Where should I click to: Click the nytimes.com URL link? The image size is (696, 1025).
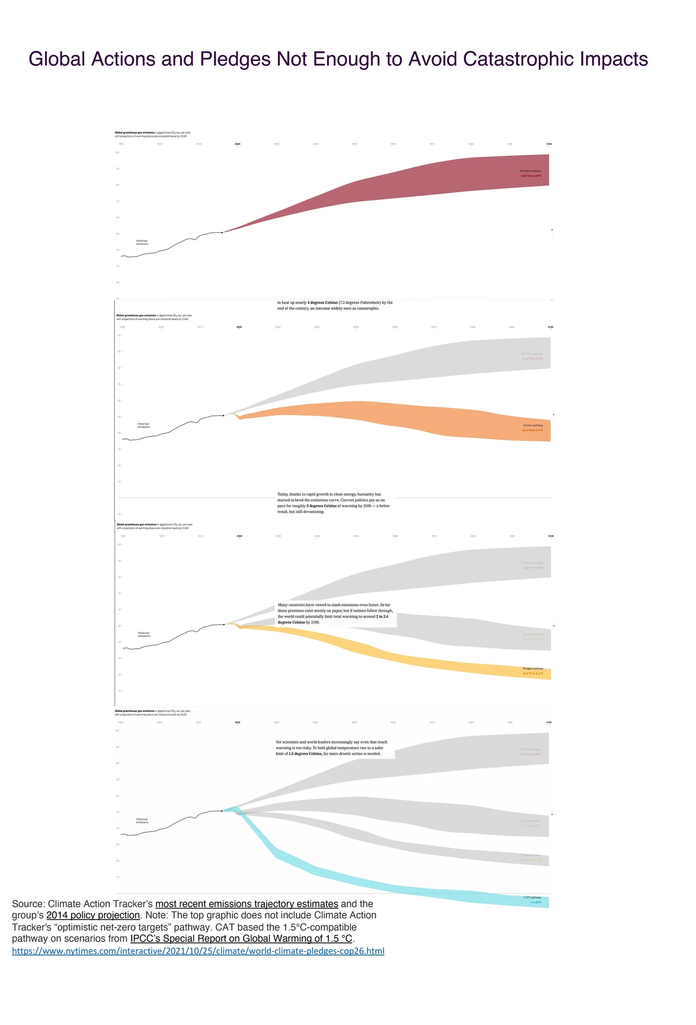198,951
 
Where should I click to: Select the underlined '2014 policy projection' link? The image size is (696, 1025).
93,915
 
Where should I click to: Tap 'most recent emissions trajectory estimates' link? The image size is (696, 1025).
246,903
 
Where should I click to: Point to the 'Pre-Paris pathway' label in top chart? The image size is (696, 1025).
530,171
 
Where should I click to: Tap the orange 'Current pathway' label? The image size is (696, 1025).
533,425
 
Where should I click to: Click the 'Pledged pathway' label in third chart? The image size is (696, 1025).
533,669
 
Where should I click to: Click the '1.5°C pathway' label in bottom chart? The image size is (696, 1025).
532,897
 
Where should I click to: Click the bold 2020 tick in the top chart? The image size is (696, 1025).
238,144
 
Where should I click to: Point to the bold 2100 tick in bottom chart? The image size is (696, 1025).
549,722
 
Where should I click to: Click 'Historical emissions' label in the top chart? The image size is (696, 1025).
142,242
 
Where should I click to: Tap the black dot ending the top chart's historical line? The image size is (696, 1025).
222,232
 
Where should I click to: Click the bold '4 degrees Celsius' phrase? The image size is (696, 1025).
322,303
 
